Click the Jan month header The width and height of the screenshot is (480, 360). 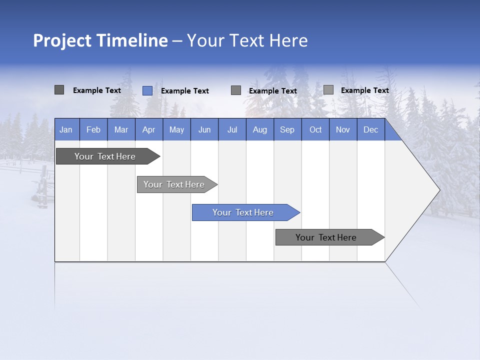tap(66, 129)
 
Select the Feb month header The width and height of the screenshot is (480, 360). tap(93, 129)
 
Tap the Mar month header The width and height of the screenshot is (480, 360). tap(121, 129)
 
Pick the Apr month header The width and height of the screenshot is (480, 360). tap(149, 129)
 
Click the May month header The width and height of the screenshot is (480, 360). tap(176, 129)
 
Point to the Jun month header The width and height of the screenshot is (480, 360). tap(204, 129)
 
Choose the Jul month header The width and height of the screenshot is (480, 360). tap(232, 129)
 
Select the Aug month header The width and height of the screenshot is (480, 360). tap(260, 129)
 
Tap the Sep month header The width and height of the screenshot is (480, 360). tap(287, 129)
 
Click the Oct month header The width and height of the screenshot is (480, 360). tap(315, 129)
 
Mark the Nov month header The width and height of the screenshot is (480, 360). tap(343, 129)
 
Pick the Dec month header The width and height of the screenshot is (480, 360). tap(371, 129)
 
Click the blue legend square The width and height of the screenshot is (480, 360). tap(147, 90)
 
